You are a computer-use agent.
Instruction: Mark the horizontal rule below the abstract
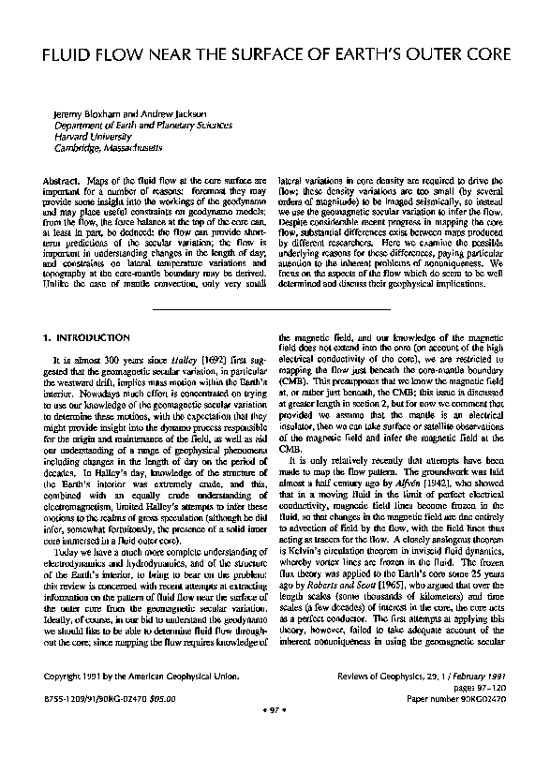[x=275, y=304]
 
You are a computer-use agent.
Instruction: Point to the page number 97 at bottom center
[x=275, y=737]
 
